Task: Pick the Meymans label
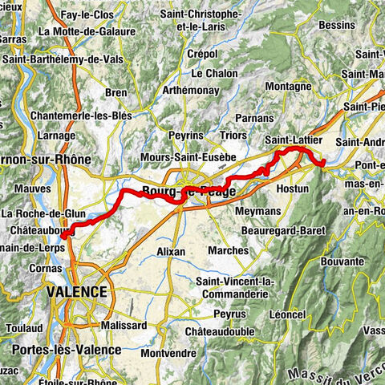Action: pyautogui.click(x=257, y=211)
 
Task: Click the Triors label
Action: pyautogui.click(x=233, y=137)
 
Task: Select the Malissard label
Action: pyautogui.click(x=124, y=326)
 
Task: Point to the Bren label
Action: pyautogui.click(x=115, y=93)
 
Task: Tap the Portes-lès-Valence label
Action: pyautogui.click(x=67, y=350)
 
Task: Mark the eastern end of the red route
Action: pyautogui.click(x=322, y=164)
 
